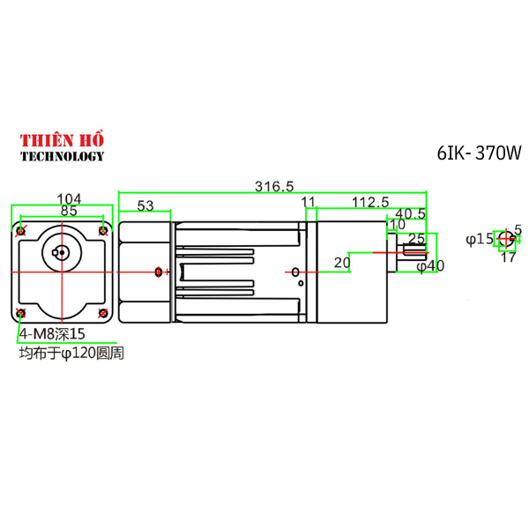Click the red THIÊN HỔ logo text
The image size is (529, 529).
pyautogui.click(x=62, y=140)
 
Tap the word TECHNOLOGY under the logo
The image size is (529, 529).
pyautogui.click(x=62, y=156)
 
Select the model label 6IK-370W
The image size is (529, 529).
pyautogui.click(x=479, y=153)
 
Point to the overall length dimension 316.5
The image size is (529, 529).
pyautogui.click(x=273, y=186)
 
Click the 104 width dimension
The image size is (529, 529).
pyautogui.click(x=69, y=199)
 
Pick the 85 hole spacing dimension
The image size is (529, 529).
pyautogui.click(x=67, y=212)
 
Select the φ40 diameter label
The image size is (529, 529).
pyautogui.click(x=429, y=265)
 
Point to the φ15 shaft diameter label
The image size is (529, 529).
pyautogui.click(x=480, y=239)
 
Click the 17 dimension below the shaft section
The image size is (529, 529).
pyautogui.click(x=508, y=257)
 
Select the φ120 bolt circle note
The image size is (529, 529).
pyautogui.click(x=71, y=353)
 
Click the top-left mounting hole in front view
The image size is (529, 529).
pyautogui.click(x=21, y=231)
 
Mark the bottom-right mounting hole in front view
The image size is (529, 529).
pyautogui.click(x=103, y=313)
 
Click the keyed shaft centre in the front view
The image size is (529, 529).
pyautogui.click(x=60, y=255)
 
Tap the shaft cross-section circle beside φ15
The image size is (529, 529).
pyautogui.click(x=504, y=238)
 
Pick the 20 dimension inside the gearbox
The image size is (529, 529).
pyautogui.click(x=342, y=262)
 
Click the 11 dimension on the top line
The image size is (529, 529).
pyautogui.click(x=308, y=203)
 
